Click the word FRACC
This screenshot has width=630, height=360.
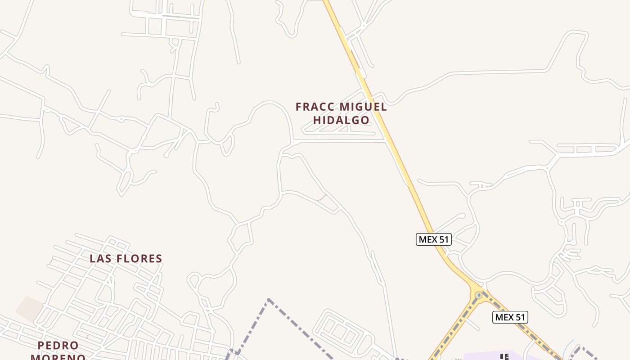(315, 107)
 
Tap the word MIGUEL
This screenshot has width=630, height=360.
(363, 107)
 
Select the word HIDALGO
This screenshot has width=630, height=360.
(341, 120)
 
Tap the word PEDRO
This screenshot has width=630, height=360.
(58, 346)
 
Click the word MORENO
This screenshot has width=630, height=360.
(58, 357)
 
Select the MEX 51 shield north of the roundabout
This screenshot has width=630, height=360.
(433, 239)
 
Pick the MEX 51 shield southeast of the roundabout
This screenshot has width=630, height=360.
(510, 317)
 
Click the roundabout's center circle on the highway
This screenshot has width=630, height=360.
(478, 295)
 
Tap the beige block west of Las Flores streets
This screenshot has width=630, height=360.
(29, 309)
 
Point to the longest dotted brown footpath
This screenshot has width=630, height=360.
(322, 198)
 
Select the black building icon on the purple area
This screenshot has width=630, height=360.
(505, 357)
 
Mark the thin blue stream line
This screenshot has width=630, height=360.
(569, 344)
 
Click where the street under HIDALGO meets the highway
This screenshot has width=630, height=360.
(386, 141)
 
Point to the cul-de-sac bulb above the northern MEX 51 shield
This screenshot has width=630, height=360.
(463, 216)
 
